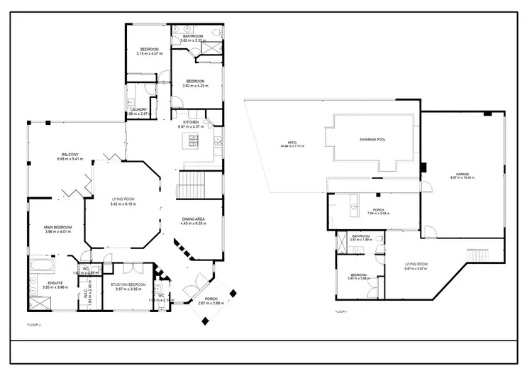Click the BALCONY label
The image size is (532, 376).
(x=70, y=155)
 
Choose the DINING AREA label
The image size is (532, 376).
(x=193, y=220)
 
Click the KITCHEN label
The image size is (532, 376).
(x=192, y=122)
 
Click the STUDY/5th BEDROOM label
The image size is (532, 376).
(x=128, y=284)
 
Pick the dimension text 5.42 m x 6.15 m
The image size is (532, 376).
(x=123, y=204)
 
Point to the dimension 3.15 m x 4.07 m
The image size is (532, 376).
(x=149, y=54)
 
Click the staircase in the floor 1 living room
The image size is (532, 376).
(x=477, y=255)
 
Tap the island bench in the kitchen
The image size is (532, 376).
(x=192, y=143)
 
